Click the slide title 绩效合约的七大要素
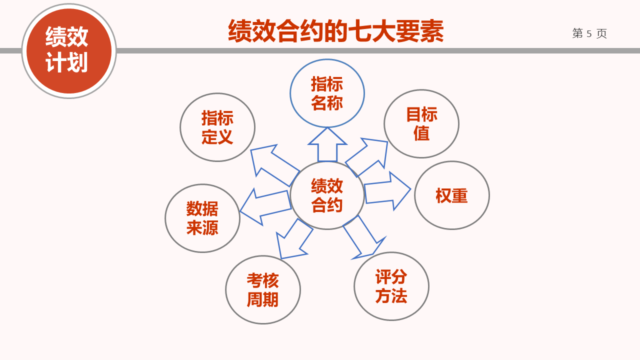coord(335,31)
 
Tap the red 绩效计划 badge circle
coord(69,51)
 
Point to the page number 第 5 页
coord(589,33)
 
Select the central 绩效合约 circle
coord(327,195)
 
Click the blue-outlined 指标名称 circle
coord(327,93)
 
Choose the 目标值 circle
coord(421,123)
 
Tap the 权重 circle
coord(452,195)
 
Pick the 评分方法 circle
coord(391,286)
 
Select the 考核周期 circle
coord(263,289)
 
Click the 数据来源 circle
coord(202,218)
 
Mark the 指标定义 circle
coord(217,127)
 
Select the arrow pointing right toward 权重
coord(387,191)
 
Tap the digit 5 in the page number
coord(589,34)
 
